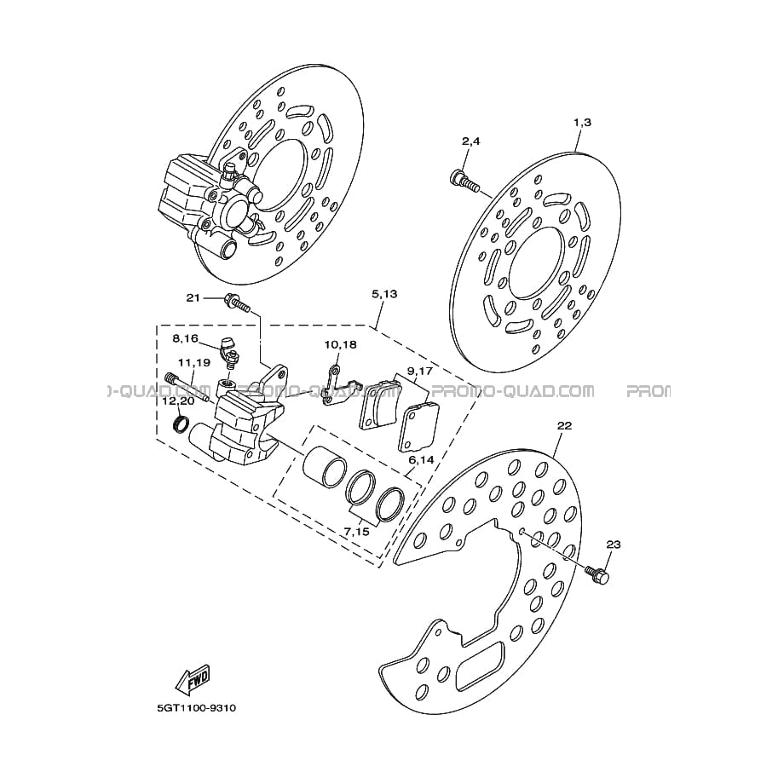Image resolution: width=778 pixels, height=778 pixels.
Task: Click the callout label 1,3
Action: [x=583, y=123]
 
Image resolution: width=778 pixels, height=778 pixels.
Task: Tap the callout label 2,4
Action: [x=471, y=141]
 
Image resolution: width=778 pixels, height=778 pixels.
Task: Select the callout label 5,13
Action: [x=384, y=294]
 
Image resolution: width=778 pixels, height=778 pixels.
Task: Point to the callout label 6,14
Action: [x=421, y=460]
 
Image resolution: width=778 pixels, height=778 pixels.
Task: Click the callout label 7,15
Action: [x=357, y=532]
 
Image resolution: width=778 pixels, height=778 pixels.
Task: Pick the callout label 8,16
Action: [x=185, y=338]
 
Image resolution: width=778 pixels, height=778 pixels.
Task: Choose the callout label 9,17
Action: [x=420, y=371]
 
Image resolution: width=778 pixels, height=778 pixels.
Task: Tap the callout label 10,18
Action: [x=340, y=344]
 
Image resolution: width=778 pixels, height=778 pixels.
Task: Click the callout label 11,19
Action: [x=194, y=363]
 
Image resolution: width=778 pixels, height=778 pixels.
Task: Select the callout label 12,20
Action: [x=178, y=401]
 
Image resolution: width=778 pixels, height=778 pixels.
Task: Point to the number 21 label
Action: [x=193, y=297]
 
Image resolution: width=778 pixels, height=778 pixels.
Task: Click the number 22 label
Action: [x=565, y=425]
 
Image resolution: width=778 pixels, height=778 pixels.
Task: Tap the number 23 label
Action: [x=614, y=545]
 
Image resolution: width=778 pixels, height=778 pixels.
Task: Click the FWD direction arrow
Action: [x=194, y=678]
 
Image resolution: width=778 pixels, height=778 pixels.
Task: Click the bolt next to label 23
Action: [x=597, y=574]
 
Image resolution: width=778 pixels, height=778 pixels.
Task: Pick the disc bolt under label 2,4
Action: [x=464, y=182]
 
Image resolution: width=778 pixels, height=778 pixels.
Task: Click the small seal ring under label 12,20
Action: [x=181, y=424]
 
